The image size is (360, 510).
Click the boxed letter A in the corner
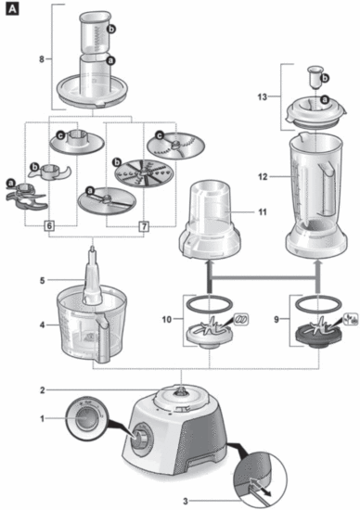[10, 9]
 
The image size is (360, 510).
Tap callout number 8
[41, 60]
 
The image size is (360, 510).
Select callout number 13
[262, 96]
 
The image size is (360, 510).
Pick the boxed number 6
[48, 224]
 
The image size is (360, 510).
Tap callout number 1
[41, 419]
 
